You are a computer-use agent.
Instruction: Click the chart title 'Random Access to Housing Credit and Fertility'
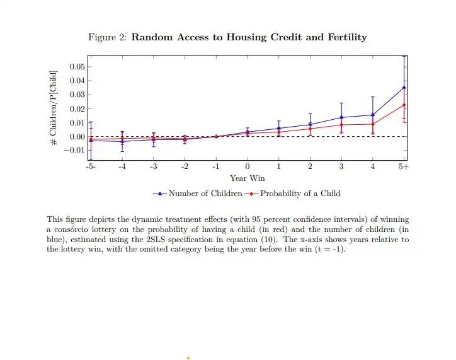pos(249,37)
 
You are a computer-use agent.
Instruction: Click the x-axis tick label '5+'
pos(404,166)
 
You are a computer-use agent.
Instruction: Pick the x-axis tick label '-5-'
pos(91,166)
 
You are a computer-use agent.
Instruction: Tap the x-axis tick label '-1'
pos(215,166)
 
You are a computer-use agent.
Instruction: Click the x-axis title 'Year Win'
pos(247,178)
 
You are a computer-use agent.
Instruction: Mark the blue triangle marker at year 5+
pos(404,87)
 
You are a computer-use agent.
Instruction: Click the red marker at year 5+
pos(404,105)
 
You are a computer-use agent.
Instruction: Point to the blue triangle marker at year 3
pos(341,117)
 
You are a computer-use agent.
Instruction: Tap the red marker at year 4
pos(373,124)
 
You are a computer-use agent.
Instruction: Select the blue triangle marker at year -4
pos(122,141)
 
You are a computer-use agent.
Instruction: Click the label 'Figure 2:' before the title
pos(108,37)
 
